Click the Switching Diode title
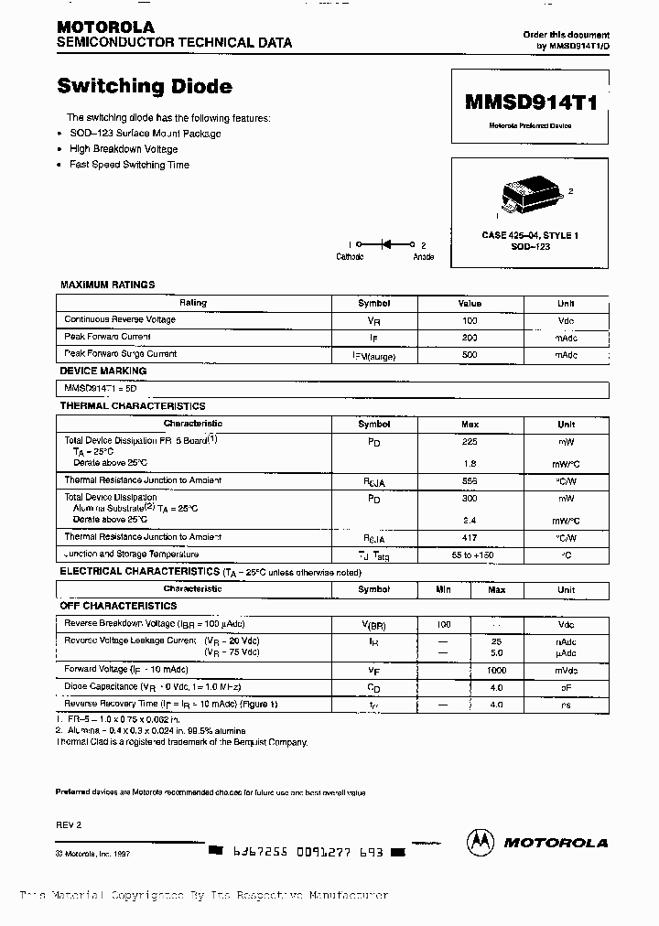point(145,87)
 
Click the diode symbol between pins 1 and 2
point(386,244)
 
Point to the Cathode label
point(351,257)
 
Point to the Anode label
point(424,257)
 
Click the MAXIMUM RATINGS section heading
point(107,285)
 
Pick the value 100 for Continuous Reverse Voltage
point(470,320)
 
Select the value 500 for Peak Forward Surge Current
point(470,354)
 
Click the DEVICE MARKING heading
point(103,371)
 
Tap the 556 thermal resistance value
point(470,480)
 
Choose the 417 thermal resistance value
point(470,537)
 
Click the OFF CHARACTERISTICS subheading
point(118,606)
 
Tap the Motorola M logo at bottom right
point(481,842)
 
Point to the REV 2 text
point(69,824)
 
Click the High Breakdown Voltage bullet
point(124,149)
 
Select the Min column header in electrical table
point(444,589)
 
